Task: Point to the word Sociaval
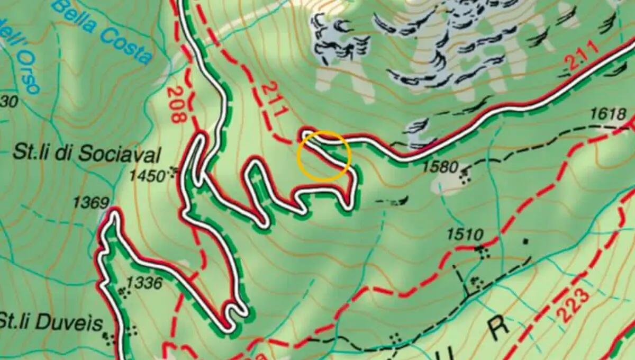tap(119, 155)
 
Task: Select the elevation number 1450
tap(149, 176)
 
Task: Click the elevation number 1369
tap(90, 202)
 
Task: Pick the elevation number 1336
tap(144, 283)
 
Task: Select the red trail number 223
tap(573, 306)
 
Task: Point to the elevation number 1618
tap(609, 114)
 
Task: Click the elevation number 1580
tap(440, 167)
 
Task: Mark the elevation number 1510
tap(465, 234)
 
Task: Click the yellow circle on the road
tap(324, 156)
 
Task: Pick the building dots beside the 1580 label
tap(464, 176)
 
